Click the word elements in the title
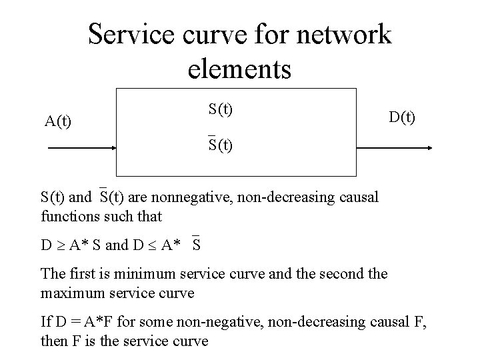[239, 69]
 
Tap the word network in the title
[340, 34]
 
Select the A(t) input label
[59, 121]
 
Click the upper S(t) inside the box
[220, 108]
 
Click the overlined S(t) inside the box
[220, 145]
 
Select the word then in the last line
[53, 341]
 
